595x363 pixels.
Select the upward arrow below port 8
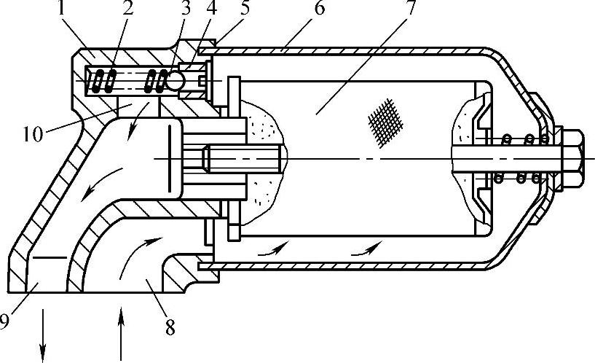(120, 335)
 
